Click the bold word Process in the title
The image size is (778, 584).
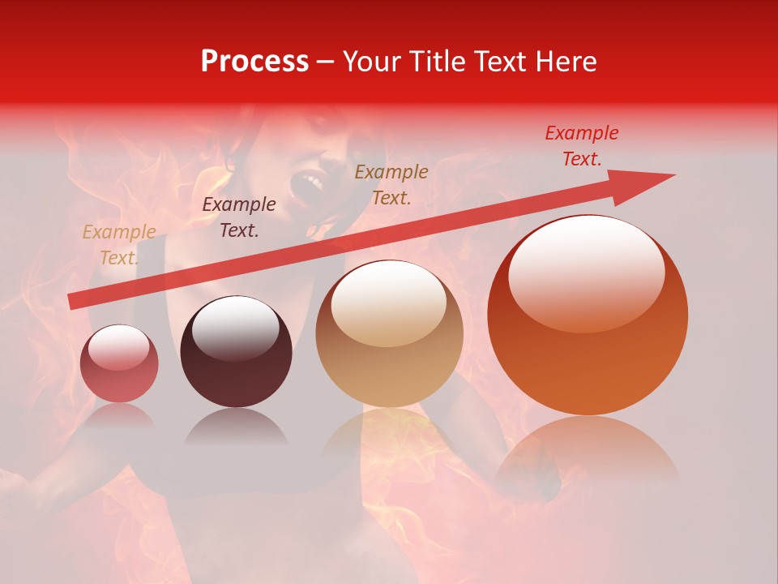click(x=254, y=62)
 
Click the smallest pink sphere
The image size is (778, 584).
click(x=120, y=363)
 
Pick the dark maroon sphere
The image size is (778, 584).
click(x=236, y=352)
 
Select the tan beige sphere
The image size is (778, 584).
click(x=389, y=334)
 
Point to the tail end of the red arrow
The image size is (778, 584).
click(x=73, y=302)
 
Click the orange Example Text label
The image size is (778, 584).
click(x=119, y=245)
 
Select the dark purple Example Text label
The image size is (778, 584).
click(x=239, y=217)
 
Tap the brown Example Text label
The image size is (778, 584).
click(x=391, y=184)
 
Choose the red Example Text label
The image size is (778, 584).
click(x=582, y=146)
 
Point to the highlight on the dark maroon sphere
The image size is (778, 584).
click(x=235, y=324)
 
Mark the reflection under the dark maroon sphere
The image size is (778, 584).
click(x=236, y=427)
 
